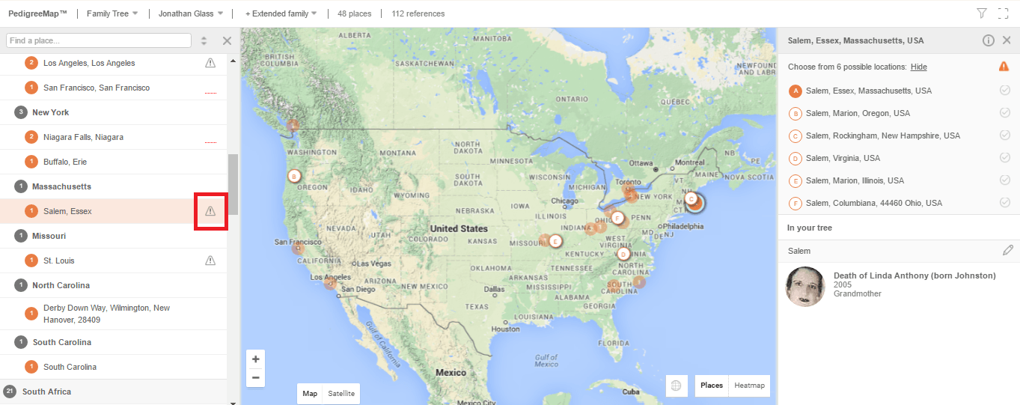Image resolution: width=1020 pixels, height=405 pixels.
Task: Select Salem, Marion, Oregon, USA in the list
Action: coord(858,113)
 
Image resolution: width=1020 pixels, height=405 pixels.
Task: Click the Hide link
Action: coord(918,67)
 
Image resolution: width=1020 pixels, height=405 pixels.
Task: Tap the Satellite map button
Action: coord(341,393)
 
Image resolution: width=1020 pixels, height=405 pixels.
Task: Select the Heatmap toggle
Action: coord(749,386)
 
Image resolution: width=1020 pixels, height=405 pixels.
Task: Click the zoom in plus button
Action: coord(255,359)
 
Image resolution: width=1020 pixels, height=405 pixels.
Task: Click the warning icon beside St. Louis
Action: coord(210,261)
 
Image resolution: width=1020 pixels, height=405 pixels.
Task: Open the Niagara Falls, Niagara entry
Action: coord(83,137)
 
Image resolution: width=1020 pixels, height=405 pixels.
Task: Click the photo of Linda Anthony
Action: coord(805,286)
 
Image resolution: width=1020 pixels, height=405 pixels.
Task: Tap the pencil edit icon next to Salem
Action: coord(1008,250)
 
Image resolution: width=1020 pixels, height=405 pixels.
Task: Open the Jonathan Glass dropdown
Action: coord(191,13)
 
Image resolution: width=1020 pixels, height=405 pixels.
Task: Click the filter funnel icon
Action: coord(982,13)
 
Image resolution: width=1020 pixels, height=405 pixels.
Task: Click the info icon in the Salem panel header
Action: coord(988,40)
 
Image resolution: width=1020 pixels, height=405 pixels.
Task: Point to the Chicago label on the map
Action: coord(564,201)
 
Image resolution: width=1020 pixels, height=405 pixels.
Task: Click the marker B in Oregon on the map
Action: coord(294,176)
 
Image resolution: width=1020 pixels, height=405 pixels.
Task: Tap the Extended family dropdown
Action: coord(281,13)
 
